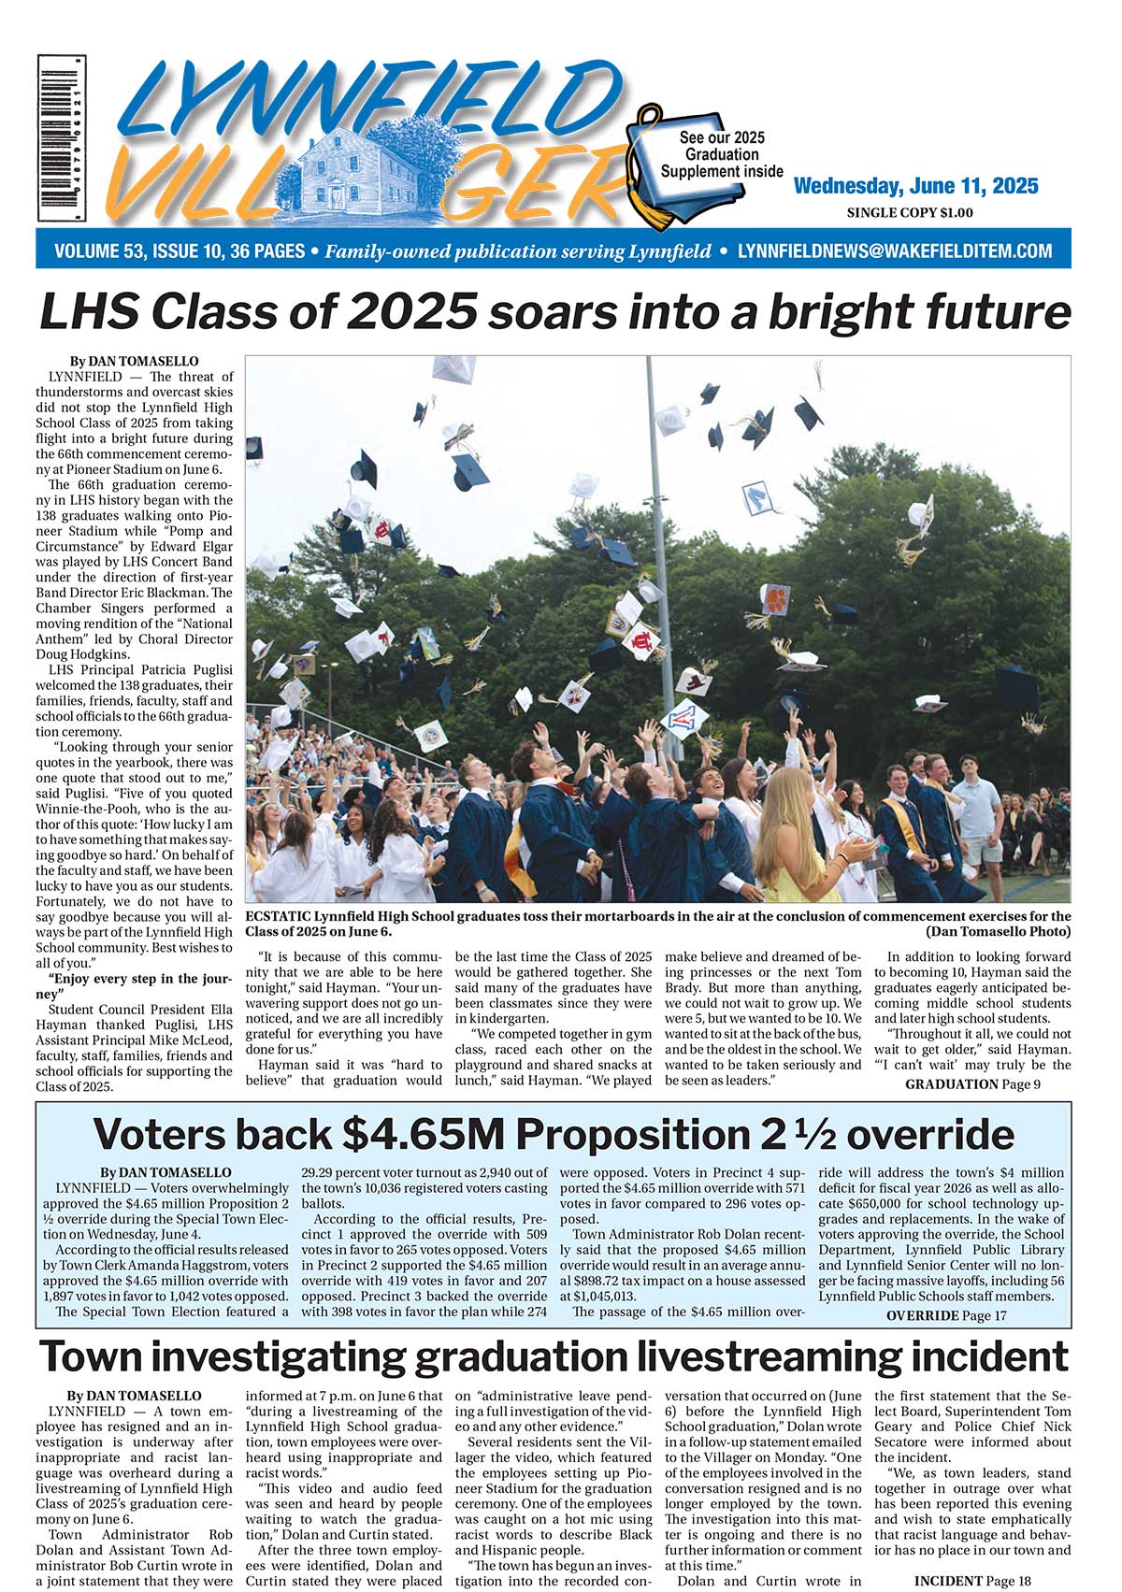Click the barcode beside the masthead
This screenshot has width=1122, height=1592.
point(62,136)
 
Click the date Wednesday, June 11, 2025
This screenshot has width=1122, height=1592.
point(915,186)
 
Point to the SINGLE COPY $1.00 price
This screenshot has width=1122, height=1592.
point(909,213)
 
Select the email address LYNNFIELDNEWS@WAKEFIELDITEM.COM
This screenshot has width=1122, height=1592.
point(895,251)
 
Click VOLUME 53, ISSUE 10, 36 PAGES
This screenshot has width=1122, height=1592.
point(180,251)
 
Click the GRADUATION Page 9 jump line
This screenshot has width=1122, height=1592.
point(971,1084)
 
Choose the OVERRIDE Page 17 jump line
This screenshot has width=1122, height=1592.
point(945,1315)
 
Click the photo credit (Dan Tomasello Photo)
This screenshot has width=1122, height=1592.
point(998,932)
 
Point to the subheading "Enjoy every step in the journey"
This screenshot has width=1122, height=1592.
point(134,986)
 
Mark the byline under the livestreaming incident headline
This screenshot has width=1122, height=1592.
point(134,1396)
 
